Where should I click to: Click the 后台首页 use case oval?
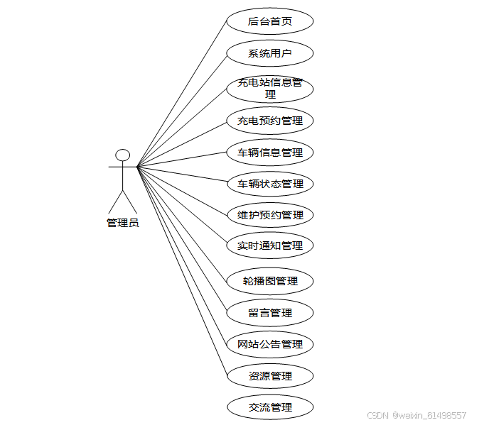[270, 21]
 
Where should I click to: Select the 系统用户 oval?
[270, 53]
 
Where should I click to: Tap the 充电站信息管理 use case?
[270, 88]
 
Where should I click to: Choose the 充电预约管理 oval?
[270, 121]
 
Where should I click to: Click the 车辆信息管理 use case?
[270, 152]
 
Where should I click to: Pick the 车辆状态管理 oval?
[270, 184]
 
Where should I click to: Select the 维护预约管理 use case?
[270, 215]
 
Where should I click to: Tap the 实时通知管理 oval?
[270, 245]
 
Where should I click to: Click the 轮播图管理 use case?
[270, 281]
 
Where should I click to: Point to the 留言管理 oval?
[270, 312]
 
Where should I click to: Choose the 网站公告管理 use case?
[270, 344]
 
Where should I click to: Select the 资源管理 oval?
[270, 376]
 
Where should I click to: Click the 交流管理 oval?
[270, 407]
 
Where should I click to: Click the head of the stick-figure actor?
[123, 155]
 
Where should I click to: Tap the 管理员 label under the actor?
[122, 223]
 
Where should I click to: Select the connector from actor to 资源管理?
[182, 270]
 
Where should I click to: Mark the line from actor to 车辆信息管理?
[182, 160]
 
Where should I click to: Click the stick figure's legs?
[122, 202]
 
